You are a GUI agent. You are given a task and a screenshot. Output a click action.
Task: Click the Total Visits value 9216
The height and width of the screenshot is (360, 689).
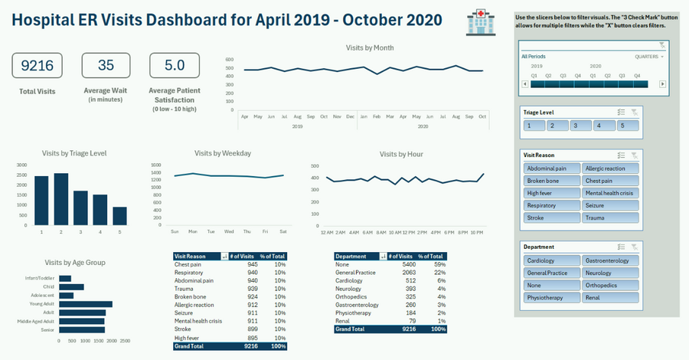pyautogui.click(x=37, y=66)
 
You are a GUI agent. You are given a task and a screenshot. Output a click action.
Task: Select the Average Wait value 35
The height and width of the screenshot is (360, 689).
pyautogui.click(x=106, y=66)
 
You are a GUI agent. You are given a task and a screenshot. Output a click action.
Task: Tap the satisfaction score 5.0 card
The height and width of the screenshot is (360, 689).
pyautogui.click(x=174, y=66)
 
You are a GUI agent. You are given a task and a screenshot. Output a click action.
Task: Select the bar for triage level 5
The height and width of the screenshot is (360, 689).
pyautogui.click(x=119, y=216)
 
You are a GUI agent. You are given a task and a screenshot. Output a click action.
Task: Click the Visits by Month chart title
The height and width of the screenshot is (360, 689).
pyautogui.click(x=370, y=47)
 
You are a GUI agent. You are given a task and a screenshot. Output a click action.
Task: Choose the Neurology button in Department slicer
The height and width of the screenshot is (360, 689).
pyautogui.click(x=610, y=273)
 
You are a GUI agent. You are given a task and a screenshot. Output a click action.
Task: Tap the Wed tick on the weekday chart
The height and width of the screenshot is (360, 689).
pyautogui.click(x=229, y=231)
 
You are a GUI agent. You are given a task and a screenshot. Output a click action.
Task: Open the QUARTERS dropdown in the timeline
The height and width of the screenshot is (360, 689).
pyautogui.click(x=648, y=57)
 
